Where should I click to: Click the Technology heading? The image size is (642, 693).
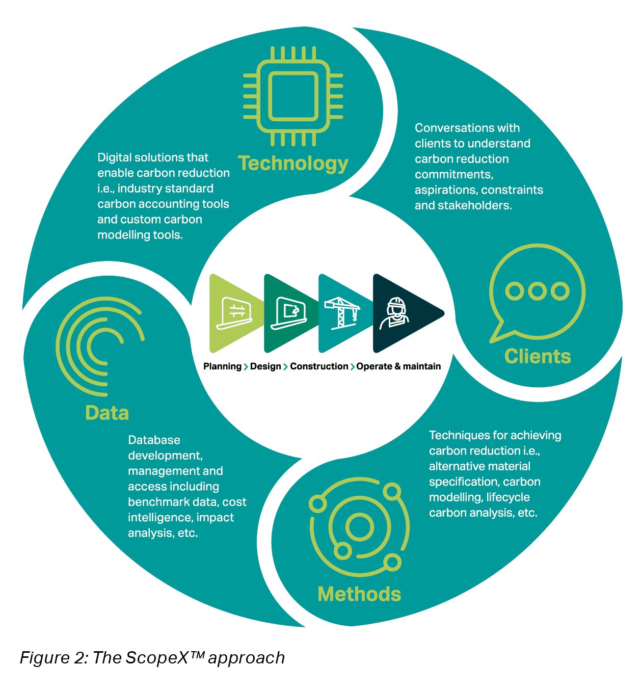[x=293, y=163]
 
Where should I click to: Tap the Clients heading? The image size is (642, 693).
[x=538, y=356]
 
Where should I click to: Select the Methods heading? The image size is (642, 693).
[x=359, y=594]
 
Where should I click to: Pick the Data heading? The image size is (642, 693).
[x=107, y=413]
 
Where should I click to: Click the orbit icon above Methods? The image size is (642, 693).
[x=359, y=527]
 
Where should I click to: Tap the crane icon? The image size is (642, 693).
[x=342, y=313]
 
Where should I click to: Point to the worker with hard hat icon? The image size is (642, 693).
[x=395, y=313]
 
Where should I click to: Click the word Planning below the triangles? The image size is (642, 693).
[x=222, y=366]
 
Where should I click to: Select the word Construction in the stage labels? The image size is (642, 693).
[x=319, y=366]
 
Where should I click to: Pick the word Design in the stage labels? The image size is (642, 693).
[x=265, y=366]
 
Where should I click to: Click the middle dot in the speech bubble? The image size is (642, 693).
[x=537, y=290]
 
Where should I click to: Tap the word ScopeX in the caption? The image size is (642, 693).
[x=157, y=658]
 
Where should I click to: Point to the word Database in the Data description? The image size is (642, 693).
[x=154, y=440]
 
